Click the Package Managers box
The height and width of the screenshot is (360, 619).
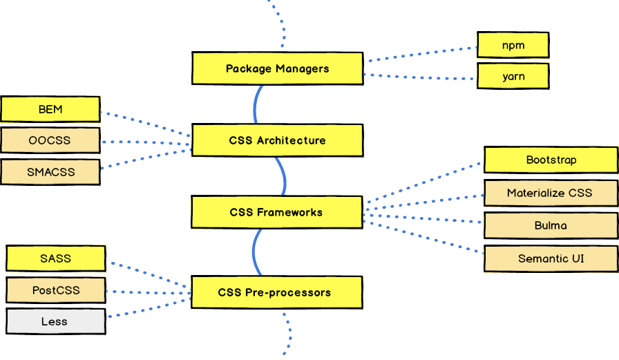click(x=277, y=68)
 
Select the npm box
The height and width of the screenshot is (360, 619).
click(x=513, y=46)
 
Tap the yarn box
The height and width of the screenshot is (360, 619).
click(x=513, y=76)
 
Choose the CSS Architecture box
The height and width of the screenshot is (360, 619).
click(x=277, y=140)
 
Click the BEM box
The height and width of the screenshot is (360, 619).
click(x=50, y=108)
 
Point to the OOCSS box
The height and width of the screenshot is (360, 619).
click(x=50, y=140)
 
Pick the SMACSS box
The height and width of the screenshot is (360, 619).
click(x=50, y=172)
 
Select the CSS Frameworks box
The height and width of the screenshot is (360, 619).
click(x=276, y=212)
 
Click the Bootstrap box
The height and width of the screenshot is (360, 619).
click(x=551, y=160)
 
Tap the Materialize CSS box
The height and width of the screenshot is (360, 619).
click(x=551, y=193)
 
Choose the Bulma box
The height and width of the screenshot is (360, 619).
click(x=551, y=225)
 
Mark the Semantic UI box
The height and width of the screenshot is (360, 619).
click(x=551, y=258)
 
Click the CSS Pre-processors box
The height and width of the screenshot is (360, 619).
click(x=276, y=292)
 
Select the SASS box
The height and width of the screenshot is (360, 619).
click(x=55, y=258)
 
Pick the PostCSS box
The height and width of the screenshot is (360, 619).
click(x=55, y=290)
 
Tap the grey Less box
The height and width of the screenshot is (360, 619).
click(x=55, y=321)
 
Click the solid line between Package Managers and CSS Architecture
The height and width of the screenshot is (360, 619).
click(x=256, y=104)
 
